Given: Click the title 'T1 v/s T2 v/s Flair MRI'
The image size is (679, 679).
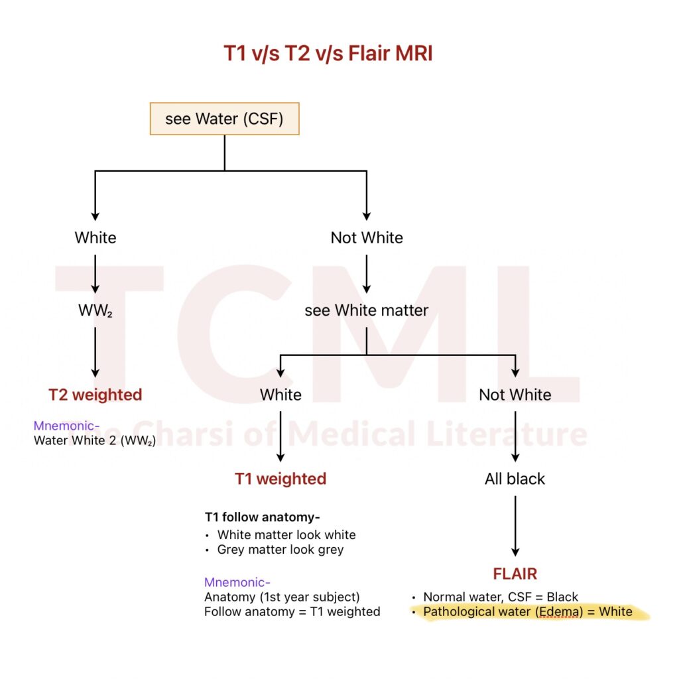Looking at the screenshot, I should click(x=328, y=53).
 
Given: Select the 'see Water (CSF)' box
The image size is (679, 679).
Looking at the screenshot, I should click(x=224, y=119).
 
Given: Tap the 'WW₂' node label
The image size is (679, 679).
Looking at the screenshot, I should click(x=95, y=310).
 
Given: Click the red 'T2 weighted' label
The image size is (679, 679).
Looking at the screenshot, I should click(x=95, y=395).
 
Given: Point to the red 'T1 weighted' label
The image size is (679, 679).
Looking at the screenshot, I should click(x=280, y=479).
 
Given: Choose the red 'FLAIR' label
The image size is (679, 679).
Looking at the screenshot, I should click(x=515, y=574).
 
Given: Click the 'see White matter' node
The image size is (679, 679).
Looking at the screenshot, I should click(x=367, y=310).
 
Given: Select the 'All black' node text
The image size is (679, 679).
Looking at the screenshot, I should click(x=515, y=479).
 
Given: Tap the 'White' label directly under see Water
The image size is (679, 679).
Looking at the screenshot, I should click(x=95, y=237).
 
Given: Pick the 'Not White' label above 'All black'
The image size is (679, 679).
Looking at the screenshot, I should click(x=515, y=395).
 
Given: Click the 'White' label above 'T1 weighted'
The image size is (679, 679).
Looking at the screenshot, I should click(x=280, y=395).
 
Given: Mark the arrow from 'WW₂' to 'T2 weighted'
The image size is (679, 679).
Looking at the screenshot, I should click(x=95, y=351).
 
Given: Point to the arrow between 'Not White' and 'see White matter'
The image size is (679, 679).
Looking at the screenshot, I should click(x=367, y=273).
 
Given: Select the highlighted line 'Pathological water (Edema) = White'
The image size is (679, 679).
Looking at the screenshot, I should click(x=527, y=611).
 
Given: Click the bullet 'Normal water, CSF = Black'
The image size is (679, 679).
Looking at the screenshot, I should click(x=501, y=597).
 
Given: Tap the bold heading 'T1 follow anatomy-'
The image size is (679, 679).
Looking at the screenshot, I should click(x=257, y=517).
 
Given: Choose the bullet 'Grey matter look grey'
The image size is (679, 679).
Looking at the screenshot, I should click(x=280, y=550).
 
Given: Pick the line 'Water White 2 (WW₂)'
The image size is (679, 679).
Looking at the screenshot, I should click(x=94, y=441).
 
